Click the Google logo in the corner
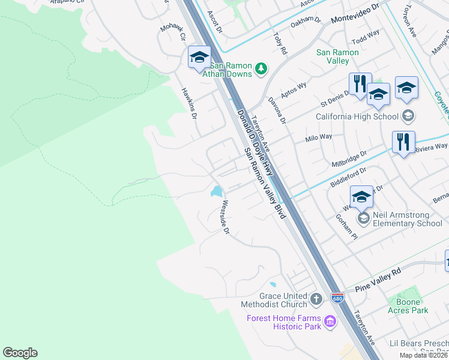tap(20, 353)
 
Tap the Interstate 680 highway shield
tap(339, 298)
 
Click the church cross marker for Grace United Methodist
tap(317, 298)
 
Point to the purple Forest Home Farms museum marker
tap(330, 322)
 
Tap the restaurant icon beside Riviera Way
tap(403, 143)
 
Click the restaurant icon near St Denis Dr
tap(360, 84)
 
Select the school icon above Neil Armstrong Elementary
tap(361, 196)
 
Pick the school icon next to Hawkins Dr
tap(199, 58)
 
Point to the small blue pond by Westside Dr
tap(215, 192)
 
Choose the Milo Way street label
tap(319, 137)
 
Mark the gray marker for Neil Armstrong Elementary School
tap(363, 218)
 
